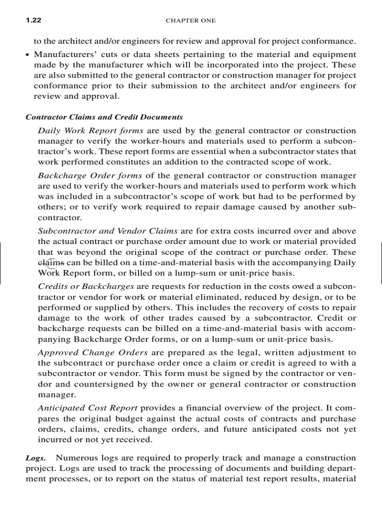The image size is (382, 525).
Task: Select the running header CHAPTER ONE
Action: pyautogui.click(x=191, y=21)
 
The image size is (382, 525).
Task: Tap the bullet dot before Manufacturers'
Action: pyautogui.click(x=28, y=55)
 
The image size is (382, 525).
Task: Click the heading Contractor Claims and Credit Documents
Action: pyautogui.click(x=104, y=117)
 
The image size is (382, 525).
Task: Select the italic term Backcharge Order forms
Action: pyautogui.click(x=90, y=176)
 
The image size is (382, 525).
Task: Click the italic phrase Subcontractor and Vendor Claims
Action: pyautogui.click(x=108, y=231)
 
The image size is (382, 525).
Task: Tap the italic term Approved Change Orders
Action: pyautogui.click(x=93, y=352)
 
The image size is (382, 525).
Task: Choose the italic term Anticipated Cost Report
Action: pyautogui.click(x=88, y=408)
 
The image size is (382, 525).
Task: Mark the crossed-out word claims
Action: pyautogui.click(x=51, y=263)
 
